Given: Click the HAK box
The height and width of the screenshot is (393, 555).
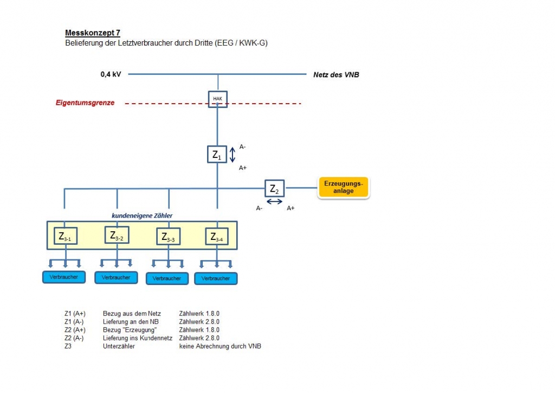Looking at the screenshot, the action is pyautogui.click(x=218, y=99).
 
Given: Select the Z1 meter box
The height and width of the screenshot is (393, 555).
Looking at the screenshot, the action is pyautogui.click(x=217, y=154).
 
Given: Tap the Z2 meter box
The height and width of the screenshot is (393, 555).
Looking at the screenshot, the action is pyautogui.click(x=274, y=188).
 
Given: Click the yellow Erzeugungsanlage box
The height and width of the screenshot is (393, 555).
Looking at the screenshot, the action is pyautogui.click(x=343, y=187).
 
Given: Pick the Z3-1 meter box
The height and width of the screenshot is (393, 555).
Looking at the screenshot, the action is pyautogui.click(x=66, y=236).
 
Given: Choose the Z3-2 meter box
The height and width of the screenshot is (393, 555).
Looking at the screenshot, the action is pyautogui.click(x=117, y=234).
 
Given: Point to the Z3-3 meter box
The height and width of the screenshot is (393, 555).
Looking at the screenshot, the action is pyautogui.click(x=168, y=236).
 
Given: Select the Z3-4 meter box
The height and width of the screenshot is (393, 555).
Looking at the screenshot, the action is pyautogui.click(x=217, y=236).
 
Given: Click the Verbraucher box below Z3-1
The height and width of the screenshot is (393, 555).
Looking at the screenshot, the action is pyautogui.click(x=64, y=277).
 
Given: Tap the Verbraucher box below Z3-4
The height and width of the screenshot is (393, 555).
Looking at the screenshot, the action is pyautogui.click(x=216, y=278).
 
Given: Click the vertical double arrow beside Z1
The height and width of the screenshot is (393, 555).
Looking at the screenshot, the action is pyautogui.click(x=233, y=155).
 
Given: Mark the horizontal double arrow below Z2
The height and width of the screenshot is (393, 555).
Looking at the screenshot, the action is pyautogui.click(x=275, y=201).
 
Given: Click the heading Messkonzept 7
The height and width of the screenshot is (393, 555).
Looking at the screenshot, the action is pyautogui.click(x=93, y=33).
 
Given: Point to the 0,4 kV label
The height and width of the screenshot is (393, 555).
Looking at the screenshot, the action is pyautogui.click(x=111, y=74).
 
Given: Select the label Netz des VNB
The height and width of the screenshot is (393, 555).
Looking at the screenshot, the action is pyautogui.click(x=336, y=75).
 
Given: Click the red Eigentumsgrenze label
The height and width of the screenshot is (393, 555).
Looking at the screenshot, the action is pyautogui.click(x=85, y=103).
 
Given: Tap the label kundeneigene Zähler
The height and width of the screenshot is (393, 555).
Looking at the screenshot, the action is pyautogui.click(x=142, y=215).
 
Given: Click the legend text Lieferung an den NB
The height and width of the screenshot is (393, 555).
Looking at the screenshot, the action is pyautogui.click(x=131, y=322).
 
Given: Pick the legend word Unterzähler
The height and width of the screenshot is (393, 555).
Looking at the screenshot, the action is pyautogui.click(x=119, y=346).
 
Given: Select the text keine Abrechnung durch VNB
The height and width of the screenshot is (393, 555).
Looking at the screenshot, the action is pyautogui.click(x=220, y=346).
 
